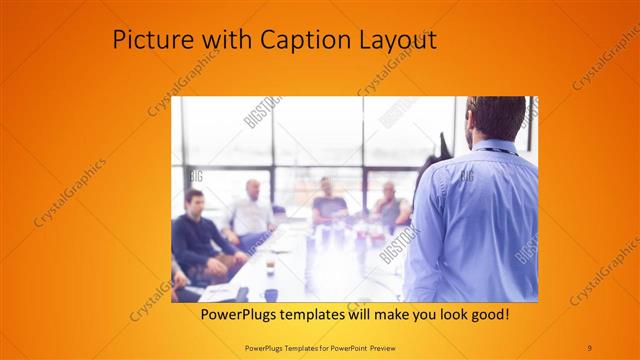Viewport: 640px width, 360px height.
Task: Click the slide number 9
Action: coord(589,346)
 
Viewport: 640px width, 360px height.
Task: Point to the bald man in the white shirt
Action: coord(250,210)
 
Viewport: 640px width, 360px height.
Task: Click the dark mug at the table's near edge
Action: coord(270,295)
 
